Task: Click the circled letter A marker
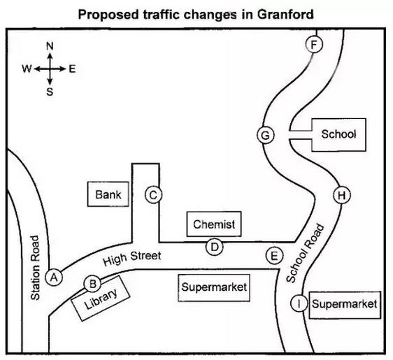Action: click(54, 278)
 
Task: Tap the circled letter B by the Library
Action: click(92, 284)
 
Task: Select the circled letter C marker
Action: click(153, 195)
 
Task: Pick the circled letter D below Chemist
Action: click(214, 247)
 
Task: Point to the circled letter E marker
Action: click(275, 256)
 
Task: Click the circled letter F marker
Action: click(314, 45)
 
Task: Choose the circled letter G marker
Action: click(266, 135)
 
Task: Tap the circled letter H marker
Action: click(342, 195)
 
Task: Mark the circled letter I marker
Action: click(299, 303)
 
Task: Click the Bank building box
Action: click(108, 194)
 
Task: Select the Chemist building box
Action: click(214, 224)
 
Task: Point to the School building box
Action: click(338, 135)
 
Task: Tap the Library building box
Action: click(101, 298)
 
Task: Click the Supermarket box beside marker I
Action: click(345, 305)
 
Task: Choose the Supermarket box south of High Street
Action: click(214, 287)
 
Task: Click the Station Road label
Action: click(35, 268)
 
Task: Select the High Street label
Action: click(132, 258)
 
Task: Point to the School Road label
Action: click(305, 253)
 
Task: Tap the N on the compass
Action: click(50, 46)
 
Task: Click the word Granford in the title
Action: click(285, 14)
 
